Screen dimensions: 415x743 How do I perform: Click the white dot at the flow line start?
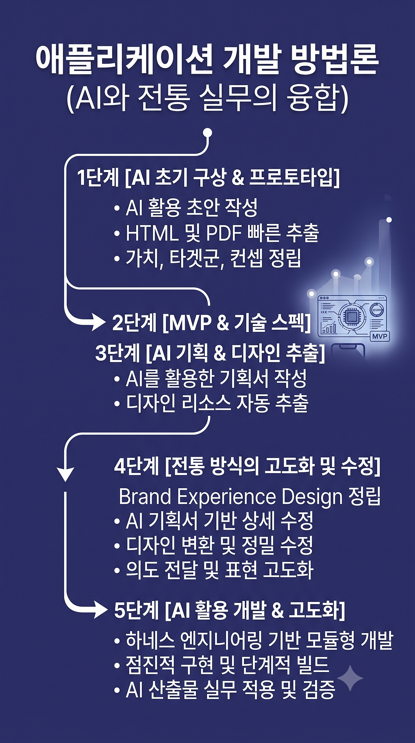point(207,133)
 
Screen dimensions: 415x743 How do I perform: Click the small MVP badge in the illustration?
point(380,336)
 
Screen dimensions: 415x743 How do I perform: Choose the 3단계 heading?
point(210,353)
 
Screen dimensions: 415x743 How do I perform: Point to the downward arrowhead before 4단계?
point(65,475)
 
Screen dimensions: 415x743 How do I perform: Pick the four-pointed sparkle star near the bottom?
point(350,678)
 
